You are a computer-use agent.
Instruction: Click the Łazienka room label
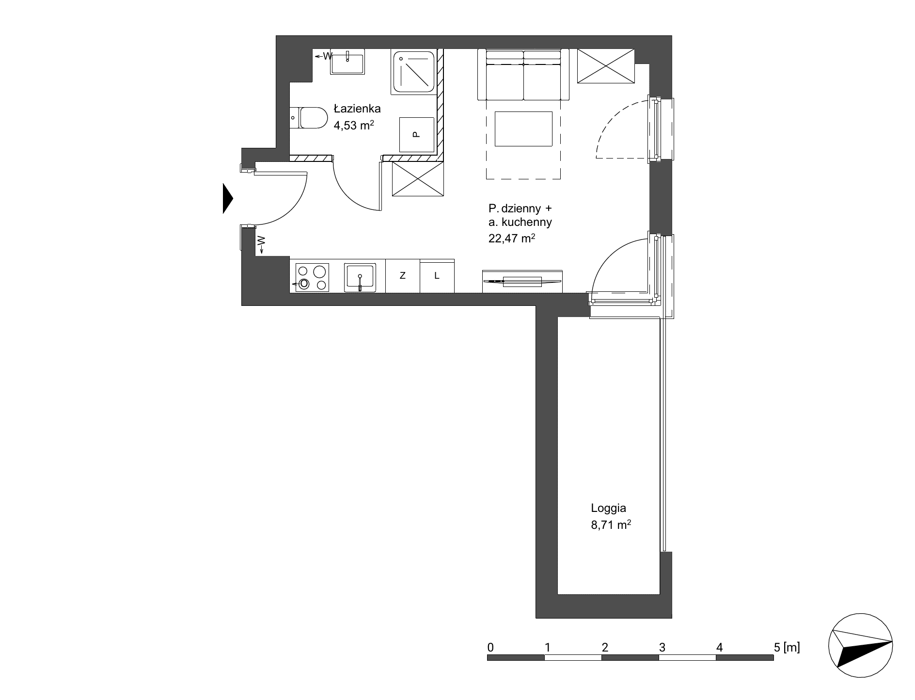[357, 108]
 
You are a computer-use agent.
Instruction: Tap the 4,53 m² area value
[354, 125]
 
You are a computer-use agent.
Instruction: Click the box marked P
[416, 134]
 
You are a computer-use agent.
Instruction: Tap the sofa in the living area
[523, 75]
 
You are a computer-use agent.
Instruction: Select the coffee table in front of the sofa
[523, 128]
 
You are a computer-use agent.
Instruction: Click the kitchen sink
[360, 278]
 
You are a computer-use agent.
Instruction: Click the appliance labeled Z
[402, 276]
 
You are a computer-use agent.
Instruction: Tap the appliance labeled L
[437, 276]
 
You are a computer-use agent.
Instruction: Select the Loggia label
[608, 509]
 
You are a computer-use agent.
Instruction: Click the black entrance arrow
[228, 198]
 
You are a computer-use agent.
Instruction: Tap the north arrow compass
[860, 647]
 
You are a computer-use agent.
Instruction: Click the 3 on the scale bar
[662, 647]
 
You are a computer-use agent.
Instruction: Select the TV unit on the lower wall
[522, 282]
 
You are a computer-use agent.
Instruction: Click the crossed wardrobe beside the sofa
[606, 66]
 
